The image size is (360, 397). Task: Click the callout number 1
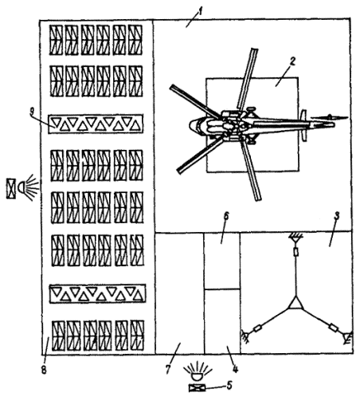(x=200, y=11)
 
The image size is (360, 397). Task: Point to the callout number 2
(x=292, y=61)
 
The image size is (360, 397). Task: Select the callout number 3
(x=337, y=216)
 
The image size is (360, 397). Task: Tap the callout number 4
(x=236, y=369)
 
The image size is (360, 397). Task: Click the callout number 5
(x=229, y=385)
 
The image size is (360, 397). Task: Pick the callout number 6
(x=226, y=216)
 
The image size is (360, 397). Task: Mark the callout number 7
(x=167, y=370)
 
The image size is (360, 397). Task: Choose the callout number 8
(x=44, y=370)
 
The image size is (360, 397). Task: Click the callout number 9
(x=32, y=112)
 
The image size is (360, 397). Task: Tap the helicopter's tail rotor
(x=329, y=117)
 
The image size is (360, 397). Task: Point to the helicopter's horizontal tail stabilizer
(x=304, y=125)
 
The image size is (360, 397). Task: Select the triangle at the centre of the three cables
(x=295, y=304)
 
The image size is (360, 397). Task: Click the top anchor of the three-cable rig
(x=295, y=236)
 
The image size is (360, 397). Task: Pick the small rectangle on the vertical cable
(x=295, y=252)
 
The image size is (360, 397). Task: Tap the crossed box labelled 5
(x=197, y=388)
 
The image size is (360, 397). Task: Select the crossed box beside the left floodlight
(x=11, y=189)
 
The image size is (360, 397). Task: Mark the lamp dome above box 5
(x=198, y=377)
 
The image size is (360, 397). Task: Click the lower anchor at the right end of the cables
(x=348, y=337)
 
